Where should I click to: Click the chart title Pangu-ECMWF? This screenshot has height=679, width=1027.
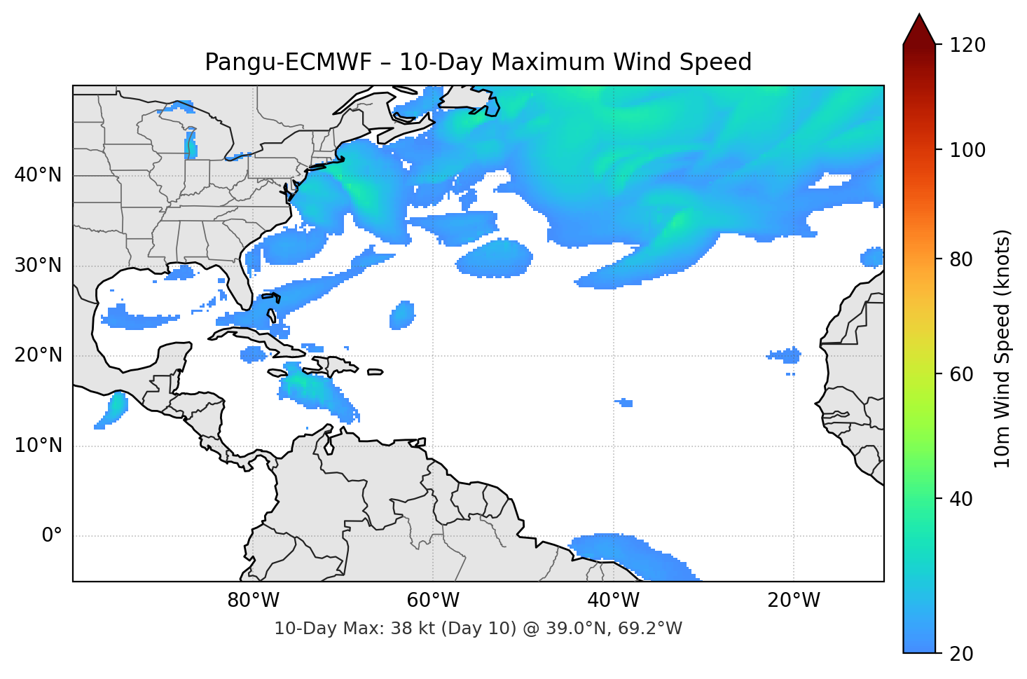(478, 62)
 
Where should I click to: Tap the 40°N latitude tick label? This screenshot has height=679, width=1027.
(38, 175)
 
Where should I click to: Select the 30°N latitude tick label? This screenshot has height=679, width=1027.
(38, 266)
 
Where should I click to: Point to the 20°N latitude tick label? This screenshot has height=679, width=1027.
(38, 355)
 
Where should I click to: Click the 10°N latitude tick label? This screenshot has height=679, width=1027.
(38, 446)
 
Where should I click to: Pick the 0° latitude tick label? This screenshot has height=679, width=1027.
(52, 536)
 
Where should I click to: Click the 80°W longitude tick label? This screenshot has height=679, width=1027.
(253, 601)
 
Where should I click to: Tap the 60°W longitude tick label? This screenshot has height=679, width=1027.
(433, 601)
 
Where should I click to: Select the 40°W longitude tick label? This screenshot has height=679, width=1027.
(613, 601)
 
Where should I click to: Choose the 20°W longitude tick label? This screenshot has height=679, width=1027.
(793, 601)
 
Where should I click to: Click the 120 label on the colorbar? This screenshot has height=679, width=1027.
(967, 45)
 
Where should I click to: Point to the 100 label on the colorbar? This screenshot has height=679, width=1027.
(967, 150)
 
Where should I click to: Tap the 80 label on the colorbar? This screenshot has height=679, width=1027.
(961, 259)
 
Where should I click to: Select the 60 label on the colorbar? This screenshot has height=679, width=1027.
(961, 374)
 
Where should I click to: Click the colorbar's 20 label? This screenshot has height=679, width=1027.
(961, 654)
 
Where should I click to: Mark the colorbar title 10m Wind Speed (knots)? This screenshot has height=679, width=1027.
(1002, 348)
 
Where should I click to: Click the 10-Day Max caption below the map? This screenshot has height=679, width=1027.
(478, 629)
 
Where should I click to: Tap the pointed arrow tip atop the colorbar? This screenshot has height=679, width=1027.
(918, 17)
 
